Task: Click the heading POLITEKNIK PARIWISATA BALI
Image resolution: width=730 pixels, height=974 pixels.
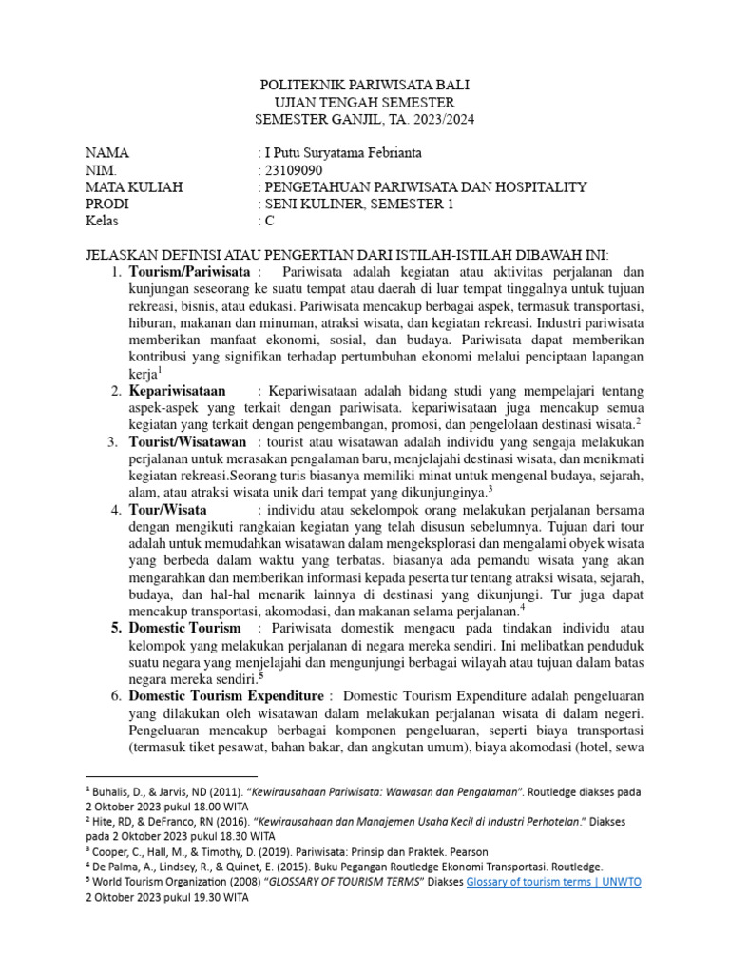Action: point(365,86)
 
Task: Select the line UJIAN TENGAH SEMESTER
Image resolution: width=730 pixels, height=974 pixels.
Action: point(365,103)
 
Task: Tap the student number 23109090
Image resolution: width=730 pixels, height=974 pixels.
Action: point(291,170)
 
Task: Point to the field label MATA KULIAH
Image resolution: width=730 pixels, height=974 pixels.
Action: point(134,187)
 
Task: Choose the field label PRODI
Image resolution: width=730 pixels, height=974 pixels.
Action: point(107,205)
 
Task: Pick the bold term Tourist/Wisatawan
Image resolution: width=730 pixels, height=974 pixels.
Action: point(187,442)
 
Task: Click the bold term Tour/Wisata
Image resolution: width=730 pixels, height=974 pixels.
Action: point(165,509)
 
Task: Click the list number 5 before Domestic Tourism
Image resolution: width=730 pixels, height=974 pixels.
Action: point(114,629)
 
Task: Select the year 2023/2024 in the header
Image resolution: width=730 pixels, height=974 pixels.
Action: point(438,120)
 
